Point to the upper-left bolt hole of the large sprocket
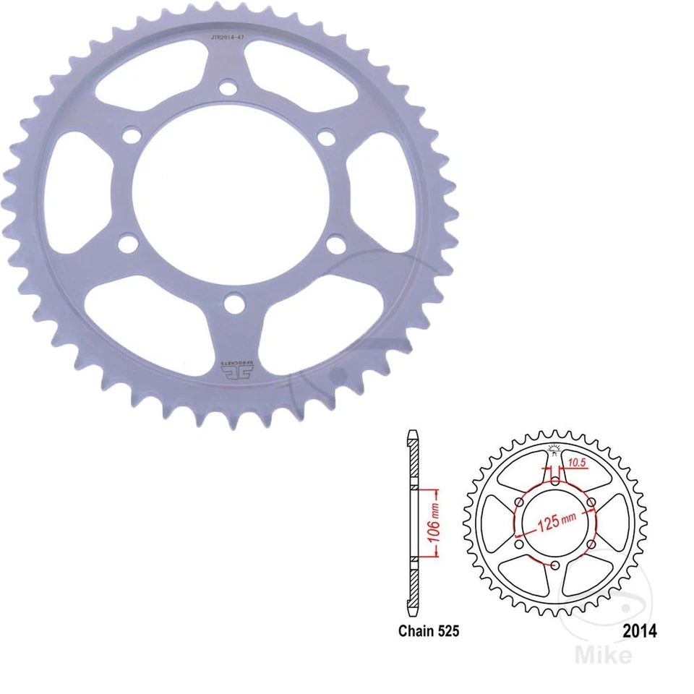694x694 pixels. pos(132,136)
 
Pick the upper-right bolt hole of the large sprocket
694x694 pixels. pos(327,137)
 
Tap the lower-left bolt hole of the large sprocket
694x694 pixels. pos(128,244)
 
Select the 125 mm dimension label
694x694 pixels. pos(555,522)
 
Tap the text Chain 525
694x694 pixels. pos(428,630)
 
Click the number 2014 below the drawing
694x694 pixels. pos(639,630)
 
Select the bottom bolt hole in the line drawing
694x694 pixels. pos(555,565)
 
